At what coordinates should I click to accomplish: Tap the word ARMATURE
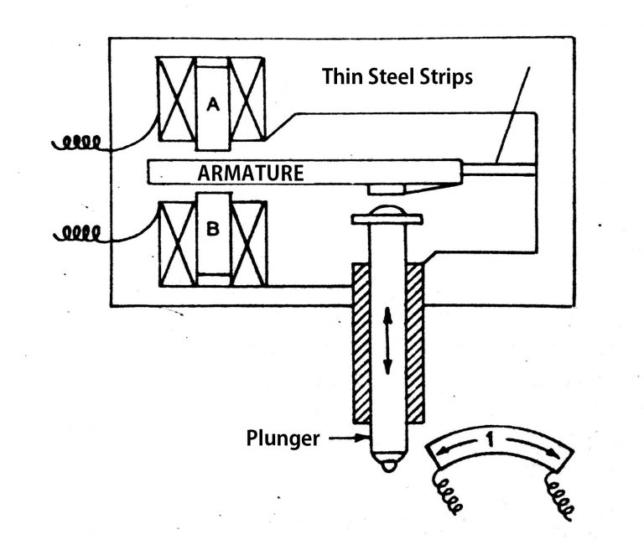point(249,174)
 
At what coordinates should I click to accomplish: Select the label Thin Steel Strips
point(398,76)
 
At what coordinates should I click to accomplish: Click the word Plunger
point(283,437)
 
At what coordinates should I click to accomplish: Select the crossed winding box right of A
point(248,99)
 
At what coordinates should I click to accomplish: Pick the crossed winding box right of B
point(249,242)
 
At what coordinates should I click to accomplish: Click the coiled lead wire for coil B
point(79,231)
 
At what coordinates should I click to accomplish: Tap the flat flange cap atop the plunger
point(387,220)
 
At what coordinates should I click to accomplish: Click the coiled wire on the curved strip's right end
point(561,497)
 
